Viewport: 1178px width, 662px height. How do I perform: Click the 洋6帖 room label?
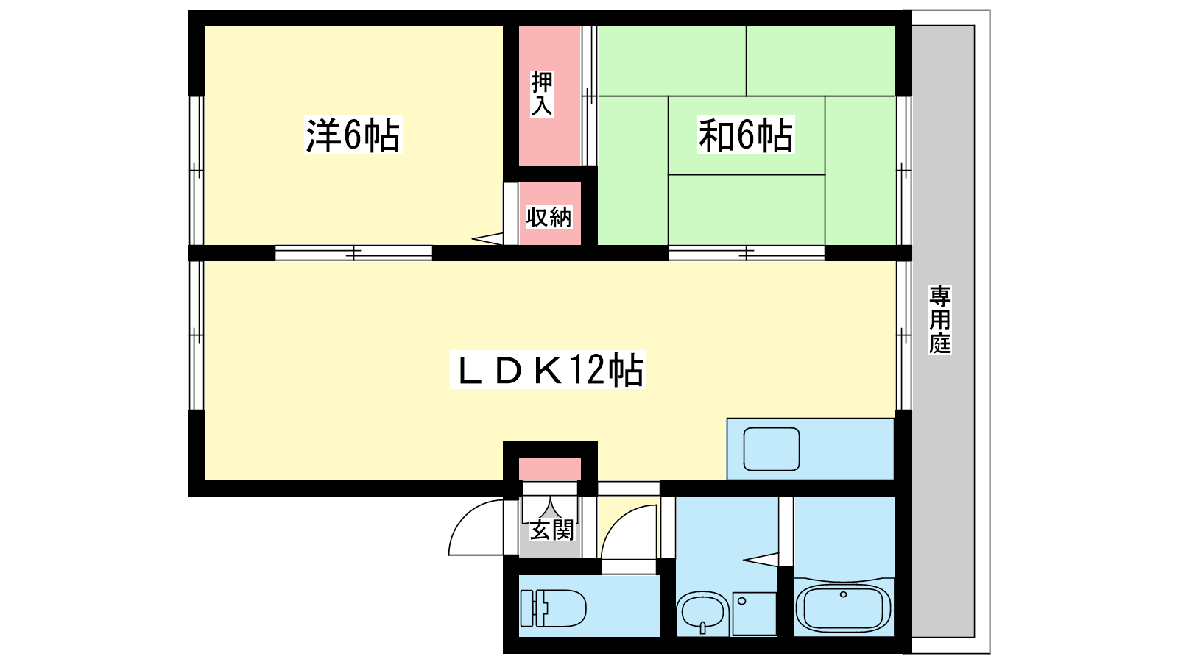pos(353,135)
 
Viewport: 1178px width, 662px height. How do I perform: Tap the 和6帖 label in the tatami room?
pos(746,135)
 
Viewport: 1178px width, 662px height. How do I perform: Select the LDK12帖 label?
pos(548,370)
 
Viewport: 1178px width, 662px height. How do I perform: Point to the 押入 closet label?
pos(542,93)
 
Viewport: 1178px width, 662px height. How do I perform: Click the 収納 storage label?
pos(549,216)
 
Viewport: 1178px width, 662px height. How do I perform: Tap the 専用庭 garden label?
pos(939,319)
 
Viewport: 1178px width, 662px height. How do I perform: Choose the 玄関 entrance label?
pos(551,530)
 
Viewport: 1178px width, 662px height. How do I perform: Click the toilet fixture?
pos(553,608)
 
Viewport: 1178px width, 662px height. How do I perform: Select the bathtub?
pos(844,608)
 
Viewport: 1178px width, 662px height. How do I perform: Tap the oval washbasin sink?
pos(702,613)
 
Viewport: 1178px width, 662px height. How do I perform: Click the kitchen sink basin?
pos(771,449)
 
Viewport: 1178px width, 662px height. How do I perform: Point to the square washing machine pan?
pos(754,613)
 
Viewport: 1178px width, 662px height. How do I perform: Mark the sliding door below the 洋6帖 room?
pos(353,253)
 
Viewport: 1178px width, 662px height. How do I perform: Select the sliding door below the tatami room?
pos(747,253)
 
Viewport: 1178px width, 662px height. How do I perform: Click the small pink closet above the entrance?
pos(550,469)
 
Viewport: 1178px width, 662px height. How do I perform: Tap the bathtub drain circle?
pos(844,595)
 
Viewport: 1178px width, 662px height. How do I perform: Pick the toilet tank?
pos(528,608)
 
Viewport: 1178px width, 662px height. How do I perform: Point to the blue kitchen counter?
pos(811,449)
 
